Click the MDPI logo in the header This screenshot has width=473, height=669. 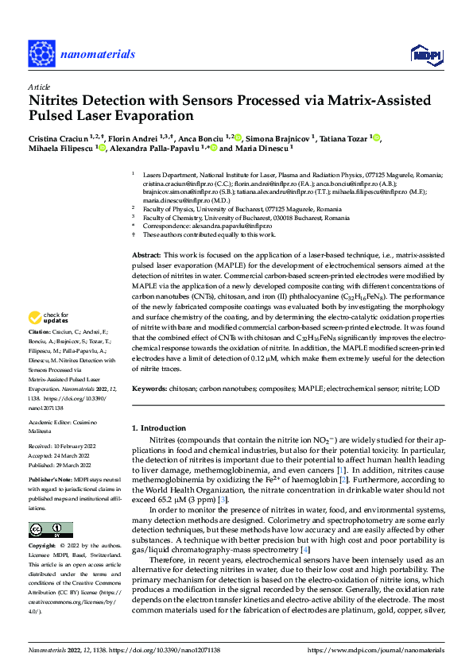(423, 53)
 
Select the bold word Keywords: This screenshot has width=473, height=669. (149, 390)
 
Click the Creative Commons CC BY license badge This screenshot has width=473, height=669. (47, 529)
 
